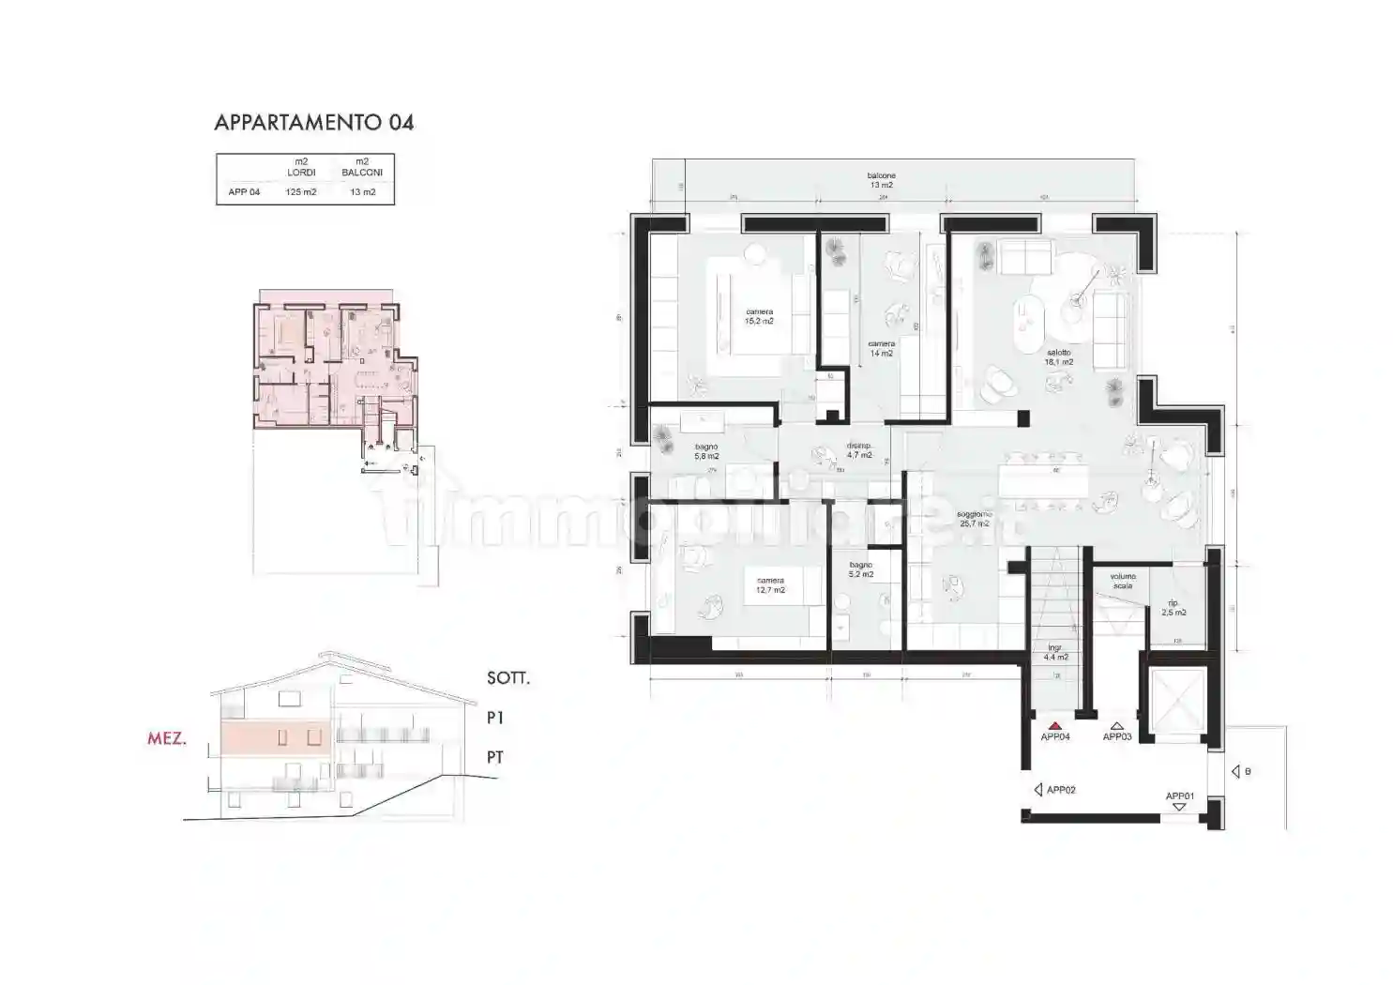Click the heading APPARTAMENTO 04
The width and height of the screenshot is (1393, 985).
coord(313,122)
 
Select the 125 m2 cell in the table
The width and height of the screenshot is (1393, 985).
coord(301,192)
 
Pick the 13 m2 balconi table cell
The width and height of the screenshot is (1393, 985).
coord(362,192)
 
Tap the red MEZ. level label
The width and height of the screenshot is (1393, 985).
coord(167,738)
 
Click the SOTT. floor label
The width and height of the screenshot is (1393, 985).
coord(508,678)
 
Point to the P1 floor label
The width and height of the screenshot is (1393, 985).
coord(495,718)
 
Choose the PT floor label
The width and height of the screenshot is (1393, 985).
coord(495,757)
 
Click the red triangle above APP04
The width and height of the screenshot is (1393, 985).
coord(1054,725)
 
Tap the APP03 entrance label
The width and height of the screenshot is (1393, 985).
coord(1116,736)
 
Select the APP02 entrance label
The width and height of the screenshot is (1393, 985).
coord(1060,790)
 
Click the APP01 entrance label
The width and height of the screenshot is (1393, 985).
coord(1179,796)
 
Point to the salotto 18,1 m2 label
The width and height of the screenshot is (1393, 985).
coord(1059,357)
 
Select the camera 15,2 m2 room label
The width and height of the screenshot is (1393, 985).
coord(759,316)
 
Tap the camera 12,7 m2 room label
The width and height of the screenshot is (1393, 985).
coord(770,585)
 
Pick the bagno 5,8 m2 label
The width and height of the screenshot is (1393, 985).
coord(706,451)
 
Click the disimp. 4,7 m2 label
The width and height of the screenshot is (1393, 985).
coord(859,450)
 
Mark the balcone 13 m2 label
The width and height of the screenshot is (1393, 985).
coord(881,180)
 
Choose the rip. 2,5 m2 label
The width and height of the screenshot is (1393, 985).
coord(1173,608)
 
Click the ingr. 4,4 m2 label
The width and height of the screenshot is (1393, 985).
coord(1056,652)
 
